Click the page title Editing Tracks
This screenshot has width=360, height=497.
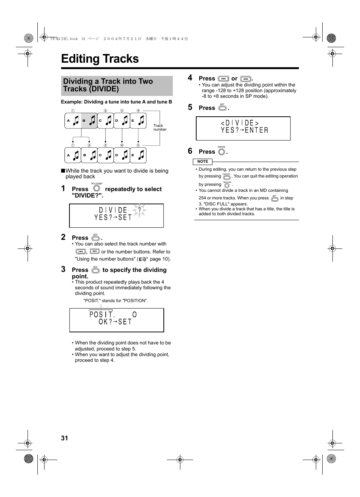coord(100,59)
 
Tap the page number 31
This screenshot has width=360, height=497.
coord(65,438)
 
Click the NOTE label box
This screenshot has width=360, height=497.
coord(203,162)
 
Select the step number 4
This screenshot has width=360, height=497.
coord(190,78)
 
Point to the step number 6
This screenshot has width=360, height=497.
coord(190,151)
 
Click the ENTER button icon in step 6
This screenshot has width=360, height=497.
coord(222,152)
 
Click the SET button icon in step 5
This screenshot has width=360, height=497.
coord(222,108)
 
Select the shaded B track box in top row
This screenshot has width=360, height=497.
coord(89,121)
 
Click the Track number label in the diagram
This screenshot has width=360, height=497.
coord(159,127)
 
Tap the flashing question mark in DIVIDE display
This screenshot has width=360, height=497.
coord(139,210)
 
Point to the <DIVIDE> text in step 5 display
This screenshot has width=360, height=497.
coord(240,123)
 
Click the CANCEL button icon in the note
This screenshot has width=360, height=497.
coord(226,177)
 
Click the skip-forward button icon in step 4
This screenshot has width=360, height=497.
coord(246,79)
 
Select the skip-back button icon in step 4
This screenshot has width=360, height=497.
coord(223,79)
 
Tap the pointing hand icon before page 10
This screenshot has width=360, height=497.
coord(143,259)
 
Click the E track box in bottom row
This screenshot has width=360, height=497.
coord(138,155)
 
